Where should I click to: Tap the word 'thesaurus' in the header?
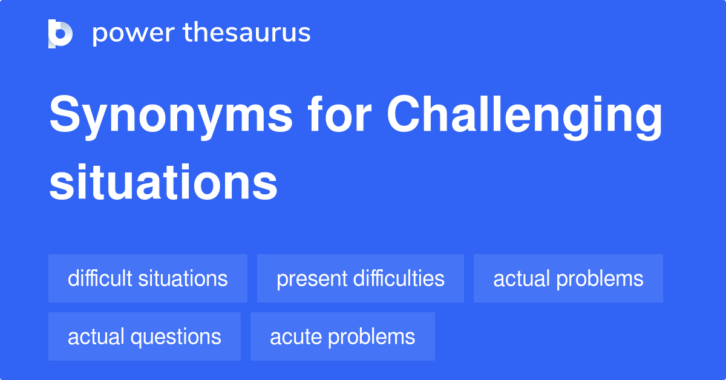247,33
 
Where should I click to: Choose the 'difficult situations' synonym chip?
148,278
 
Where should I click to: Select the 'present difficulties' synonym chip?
360,278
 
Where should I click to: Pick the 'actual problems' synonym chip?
568,278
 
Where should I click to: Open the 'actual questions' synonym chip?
144,336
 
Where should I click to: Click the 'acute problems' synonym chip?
342,336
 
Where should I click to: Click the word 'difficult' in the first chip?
100,278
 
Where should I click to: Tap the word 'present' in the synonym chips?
310,278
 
